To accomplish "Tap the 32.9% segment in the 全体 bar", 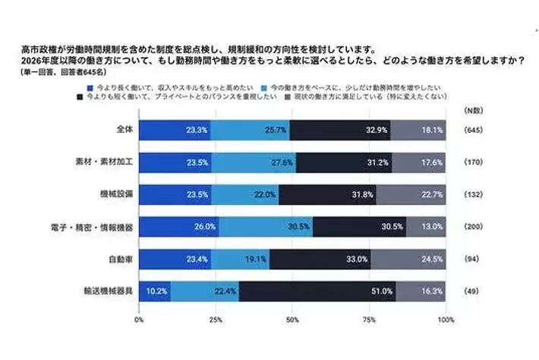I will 340,130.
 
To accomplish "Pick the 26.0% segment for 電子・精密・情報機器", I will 180,226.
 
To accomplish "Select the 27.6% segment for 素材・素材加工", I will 254,162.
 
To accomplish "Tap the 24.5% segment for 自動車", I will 408,258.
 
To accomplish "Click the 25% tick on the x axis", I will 216,320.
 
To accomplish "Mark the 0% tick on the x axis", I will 139,320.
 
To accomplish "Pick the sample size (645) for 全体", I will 472,130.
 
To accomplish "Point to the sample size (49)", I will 472,290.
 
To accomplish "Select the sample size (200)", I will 472,226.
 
